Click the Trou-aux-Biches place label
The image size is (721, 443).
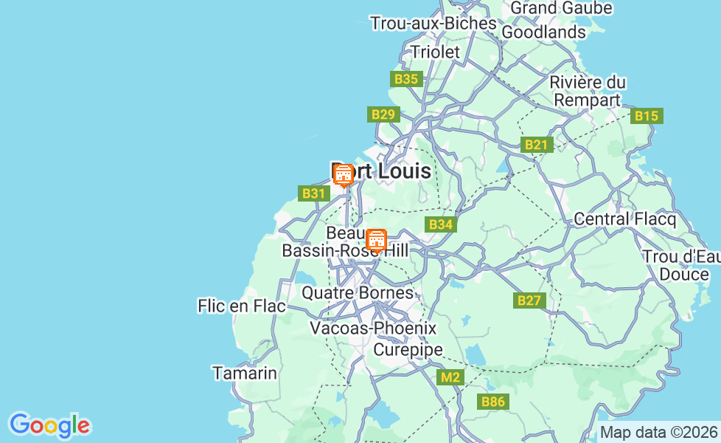(x=433, y=23)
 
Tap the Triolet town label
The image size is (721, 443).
(x=435, y=52)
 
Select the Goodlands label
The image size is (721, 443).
(x=543, y=32)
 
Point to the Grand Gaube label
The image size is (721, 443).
(x=561, y=7)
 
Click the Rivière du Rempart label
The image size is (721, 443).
(x=588, y=91)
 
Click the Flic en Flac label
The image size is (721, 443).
(x=241, y=306)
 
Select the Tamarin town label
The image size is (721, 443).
(x=245, y=373)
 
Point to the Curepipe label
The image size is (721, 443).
(x=408, y=349)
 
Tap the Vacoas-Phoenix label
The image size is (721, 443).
(x=373, y=328)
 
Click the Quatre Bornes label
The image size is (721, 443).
(x=358, y=292)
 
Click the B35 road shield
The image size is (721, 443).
(x=406, y=79)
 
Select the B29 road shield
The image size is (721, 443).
(x=383, y=114)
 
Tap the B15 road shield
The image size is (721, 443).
(x=647, y=116)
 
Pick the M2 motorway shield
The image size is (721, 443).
(x=450, y=378)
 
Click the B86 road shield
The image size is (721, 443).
(x=493, y=402)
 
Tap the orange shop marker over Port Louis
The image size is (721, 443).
(x=343, y=175)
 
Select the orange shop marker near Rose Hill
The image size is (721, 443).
(x=377, y=240)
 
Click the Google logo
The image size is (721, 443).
(x=49, y=425)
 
